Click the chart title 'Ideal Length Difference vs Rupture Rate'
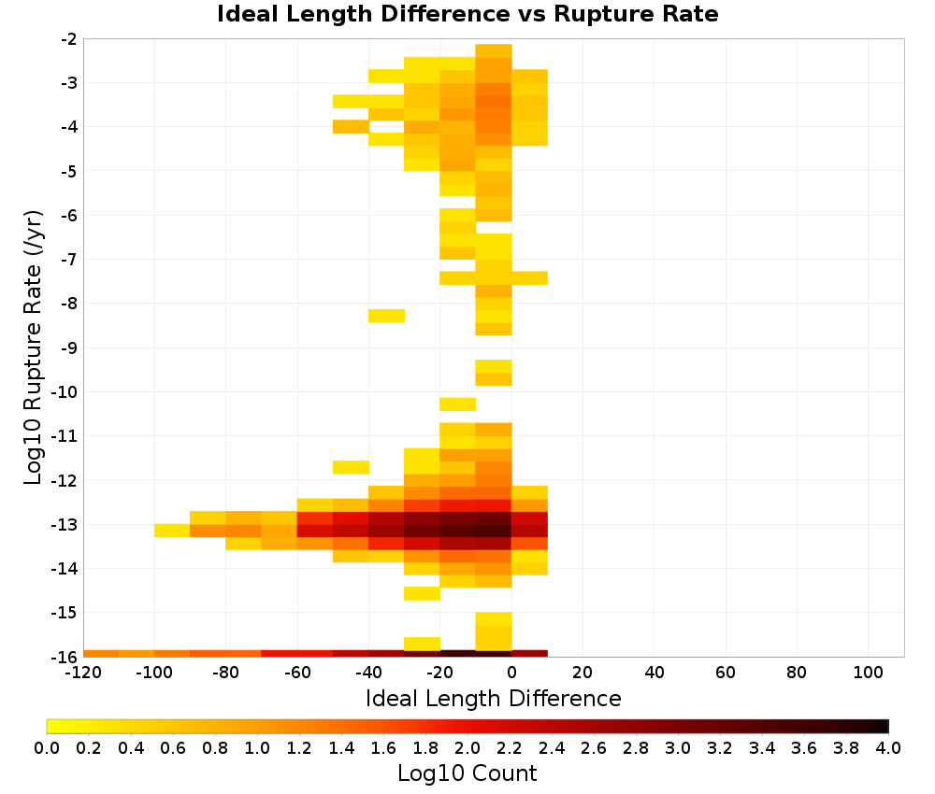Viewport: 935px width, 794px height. pos(467,14)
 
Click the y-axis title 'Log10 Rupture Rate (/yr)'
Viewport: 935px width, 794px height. pos(34,347)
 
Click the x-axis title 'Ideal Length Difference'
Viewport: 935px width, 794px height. pos(493,698)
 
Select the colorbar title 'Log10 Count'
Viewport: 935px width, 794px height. pos(467,773)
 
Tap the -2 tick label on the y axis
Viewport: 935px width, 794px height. pos(68,39)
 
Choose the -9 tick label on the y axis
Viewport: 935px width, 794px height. pos(68,347)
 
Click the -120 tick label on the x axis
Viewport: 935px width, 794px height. pos(83,673)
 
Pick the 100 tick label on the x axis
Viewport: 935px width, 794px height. pos(869,673)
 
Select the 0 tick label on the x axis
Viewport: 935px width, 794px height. pos(511,673)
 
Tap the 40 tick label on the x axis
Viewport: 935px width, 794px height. pos(654,673)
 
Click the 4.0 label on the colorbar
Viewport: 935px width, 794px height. pos(888,747)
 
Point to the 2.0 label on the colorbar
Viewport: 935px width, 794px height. pos(467,747)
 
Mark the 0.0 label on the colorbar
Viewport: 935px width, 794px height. pos(47,747)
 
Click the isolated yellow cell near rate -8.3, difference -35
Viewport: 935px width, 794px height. pos(386,316)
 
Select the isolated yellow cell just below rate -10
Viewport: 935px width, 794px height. pos(458,404)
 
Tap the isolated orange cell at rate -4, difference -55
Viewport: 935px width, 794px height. pos(351,126)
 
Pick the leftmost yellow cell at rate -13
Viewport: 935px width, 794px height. pos(172,531)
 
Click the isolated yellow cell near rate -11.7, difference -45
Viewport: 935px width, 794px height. pos(351,467)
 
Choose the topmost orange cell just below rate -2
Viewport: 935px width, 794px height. pos(494,50)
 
